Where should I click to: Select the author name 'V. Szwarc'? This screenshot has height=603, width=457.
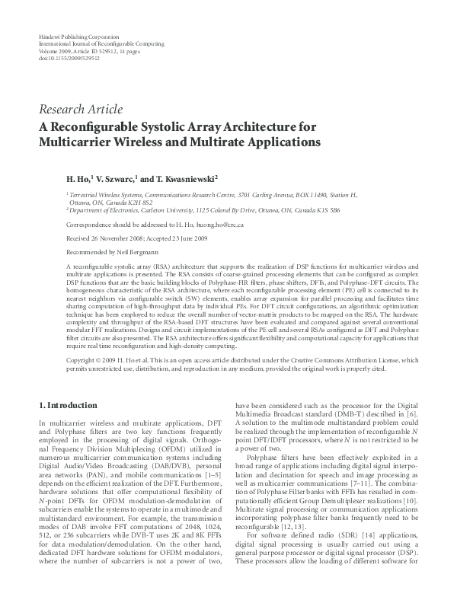117,178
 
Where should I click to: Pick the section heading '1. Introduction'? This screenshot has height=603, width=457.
67,405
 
